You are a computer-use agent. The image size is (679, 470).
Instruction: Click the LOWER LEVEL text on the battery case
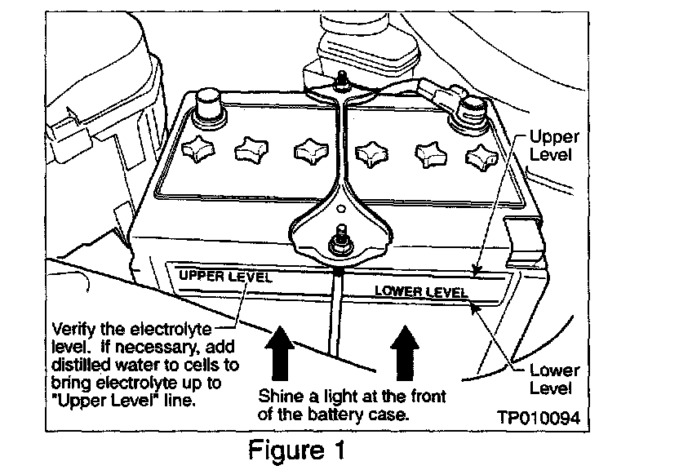(x=420, y=291)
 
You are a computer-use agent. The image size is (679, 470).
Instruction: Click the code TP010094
(x=539, y=418)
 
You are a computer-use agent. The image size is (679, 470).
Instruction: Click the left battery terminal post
(x=208, y=105)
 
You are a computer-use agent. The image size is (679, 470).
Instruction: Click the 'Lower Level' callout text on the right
(x=555, y=378)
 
